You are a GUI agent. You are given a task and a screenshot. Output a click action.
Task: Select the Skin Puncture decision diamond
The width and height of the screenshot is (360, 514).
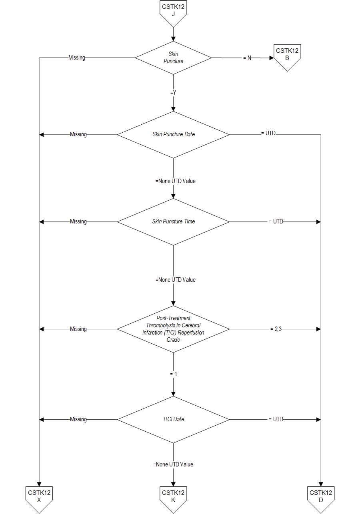click(x=173, y=58)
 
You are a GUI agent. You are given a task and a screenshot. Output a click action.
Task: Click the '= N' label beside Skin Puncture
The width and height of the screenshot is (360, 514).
click(x=247, y=58)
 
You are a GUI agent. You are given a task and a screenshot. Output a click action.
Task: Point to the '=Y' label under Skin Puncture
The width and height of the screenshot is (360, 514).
click(x=173, y=92)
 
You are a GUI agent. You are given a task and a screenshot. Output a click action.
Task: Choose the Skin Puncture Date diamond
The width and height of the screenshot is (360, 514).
click(x=173, y=134)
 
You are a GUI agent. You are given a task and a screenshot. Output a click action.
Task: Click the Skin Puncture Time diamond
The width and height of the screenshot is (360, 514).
click(x=173, y=221)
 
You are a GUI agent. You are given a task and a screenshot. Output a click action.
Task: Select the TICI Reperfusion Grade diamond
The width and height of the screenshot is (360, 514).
click(x=173, y=329)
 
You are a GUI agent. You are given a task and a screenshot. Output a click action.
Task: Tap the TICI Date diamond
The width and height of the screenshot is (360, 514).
click(x=173, y=419)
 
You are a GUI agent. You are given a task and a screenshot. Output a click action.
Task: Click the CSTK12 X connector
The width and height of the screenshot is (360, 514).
click(x=39, y=497)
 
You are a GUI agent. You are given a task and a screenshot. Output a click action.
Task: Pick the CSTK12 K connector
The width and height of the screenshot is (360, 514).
click(x=173, y=497)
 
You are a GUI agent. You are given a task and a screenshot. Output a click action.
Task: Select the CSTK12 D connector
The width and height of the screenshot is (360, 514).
click(x=321, y=497)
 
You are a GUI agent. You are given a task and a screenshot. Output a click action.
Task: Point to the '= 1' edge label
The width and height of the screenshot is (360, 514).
click(x=173, y=374)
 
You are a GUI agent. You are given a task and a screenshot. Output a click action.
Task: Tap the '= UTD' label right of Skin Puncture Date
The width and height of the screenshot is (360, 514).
click(x=268, y=133)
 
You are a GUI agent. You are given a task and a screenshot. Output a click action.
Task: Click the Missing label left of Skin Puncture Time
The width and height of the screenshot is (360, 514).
click(x=78, y=221)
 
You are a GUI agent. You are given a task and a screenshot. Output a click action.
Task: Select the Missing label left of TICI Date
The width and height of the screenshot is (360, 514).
click(x=78, y=419)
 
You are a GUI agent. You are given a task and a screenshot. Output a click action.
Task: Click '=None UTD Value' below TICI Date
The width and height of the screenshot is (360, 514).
click(x=173, y=464)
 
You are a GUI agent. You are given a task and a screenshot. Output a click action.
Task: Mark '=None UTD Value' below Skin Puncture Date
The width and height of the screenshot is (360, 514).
click(x=176, y=181)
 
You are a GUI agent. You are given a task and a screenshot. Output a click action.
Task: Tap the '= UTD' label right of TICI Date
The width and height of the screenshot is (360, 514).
click(x=276, y=419)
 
